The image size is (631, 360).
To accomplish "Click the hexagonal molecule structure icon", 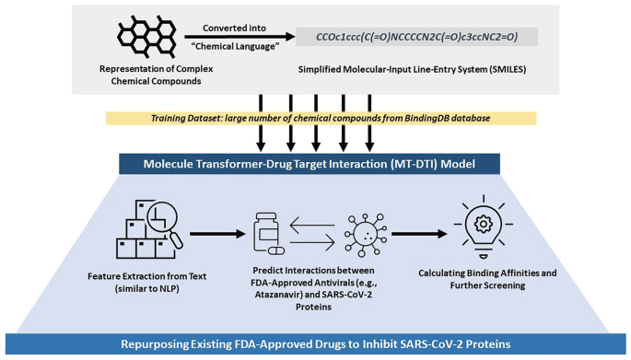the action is pos(146,37).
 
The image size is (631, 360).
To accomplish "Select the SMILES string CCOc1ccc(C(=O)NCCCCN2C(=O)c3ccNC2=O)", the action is pos(416,37).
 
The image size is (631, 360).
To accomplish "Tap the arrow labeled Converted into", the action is pos(240,37).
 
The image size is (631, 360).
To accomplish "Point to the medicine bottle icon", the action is pos(266,231).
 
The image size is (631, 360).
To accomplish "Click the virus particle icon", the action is pos(366,235).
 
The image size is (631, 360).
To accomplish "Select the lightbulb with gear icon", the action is pos(484,226).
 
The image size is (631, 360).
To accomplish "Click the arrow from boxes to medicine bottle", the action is pos(217,234).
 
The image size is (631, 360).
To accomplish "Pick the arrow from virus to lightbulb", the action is pos(419,234).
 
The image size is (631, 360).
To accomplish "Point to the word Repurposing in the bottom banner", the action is pos(155,344).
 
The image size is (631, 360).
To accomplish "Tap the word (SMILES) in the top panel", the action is pos(508,69).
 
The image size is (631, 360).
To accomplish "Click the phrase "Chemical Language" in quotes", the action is pos(236,46).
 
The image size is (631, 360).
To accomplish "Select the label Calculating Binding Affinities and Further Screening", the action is pos(487,279).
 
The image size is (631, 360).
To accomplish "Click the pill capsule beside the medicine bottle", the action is pos(276,250).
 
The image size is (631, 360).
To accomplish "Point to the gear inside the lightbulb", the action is pos(484,224).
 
